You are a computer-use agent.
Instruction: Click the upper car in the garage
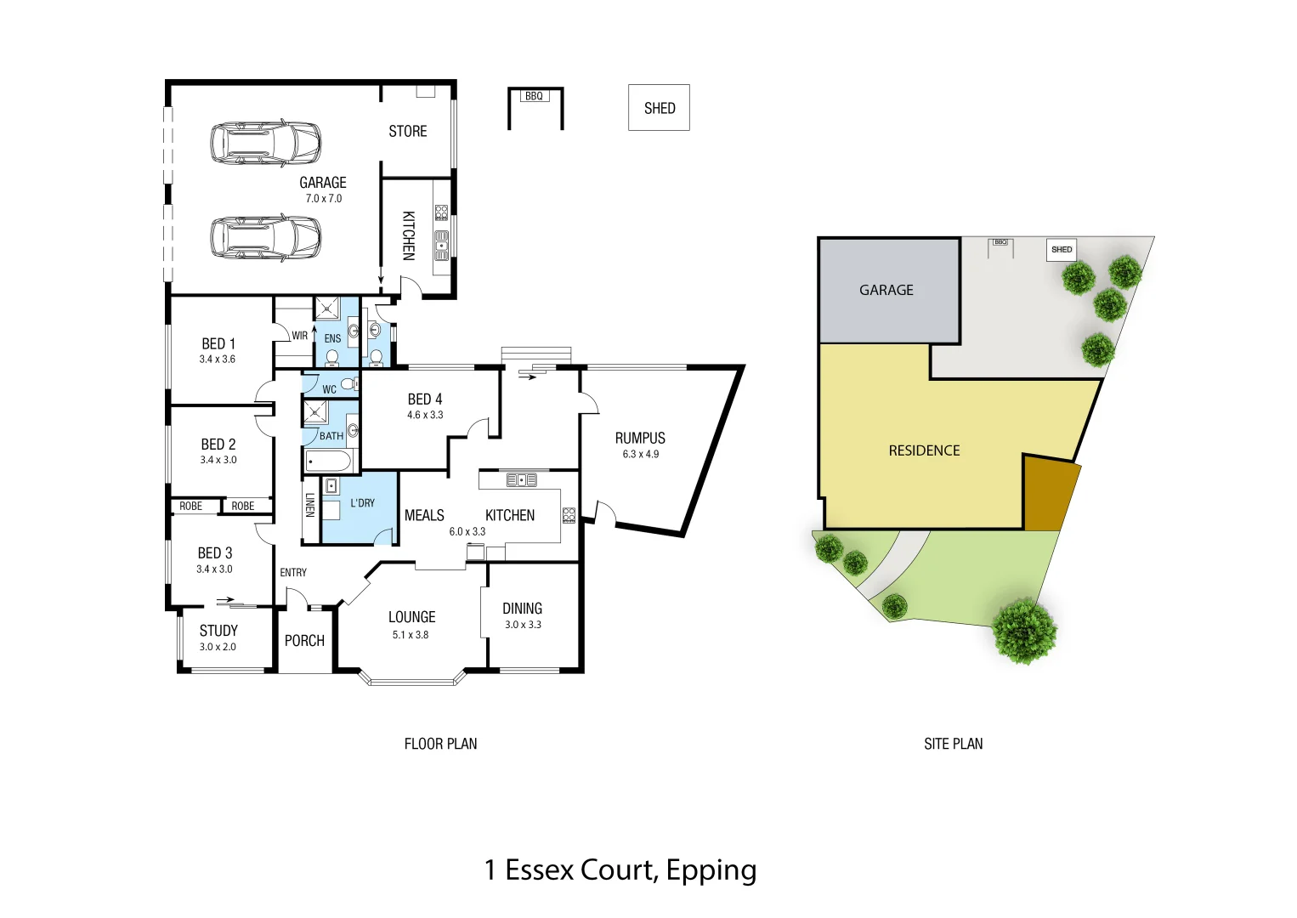point(266,143)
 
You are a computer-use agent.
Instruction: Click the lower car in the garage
point(266,236)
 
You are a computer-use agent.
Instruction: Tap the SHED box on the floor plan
point(659,108)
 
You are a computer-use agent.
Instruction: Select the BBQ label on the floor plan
point(534,96)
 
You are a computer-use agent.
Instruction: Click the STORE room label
point(407,131)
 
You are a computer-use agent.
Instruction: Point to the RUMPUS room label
point(640,438)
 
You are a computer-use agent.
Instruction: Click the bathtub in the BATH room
point(329,462)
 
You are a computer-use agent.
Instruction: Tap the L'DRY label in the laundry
point(362,503)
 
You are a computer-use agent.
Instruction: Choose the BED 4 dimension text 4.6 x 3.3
point(425,415)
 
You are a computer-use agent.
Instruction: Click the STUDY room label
point(218,631)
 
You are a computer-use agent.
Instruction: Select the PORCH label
point(304,641)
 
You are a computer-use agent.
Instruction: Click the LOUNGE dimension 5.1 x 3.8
point(411,635)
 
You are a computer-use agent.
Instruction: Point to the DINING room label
point(522,609)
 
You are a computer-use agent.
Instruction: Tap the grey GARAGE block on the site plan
point(886,290)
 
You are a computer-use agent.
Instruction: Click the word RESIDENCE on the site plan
point(924,450)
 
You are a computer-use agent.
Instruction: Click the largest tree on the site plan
point(1025,630)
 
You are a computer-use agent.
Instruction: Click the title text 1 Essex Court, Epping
point(620,870)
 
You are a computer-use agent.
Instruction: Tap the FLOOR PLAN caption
point(440,744)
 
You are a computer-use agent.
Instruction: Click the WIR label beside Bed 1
point(299,336)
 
